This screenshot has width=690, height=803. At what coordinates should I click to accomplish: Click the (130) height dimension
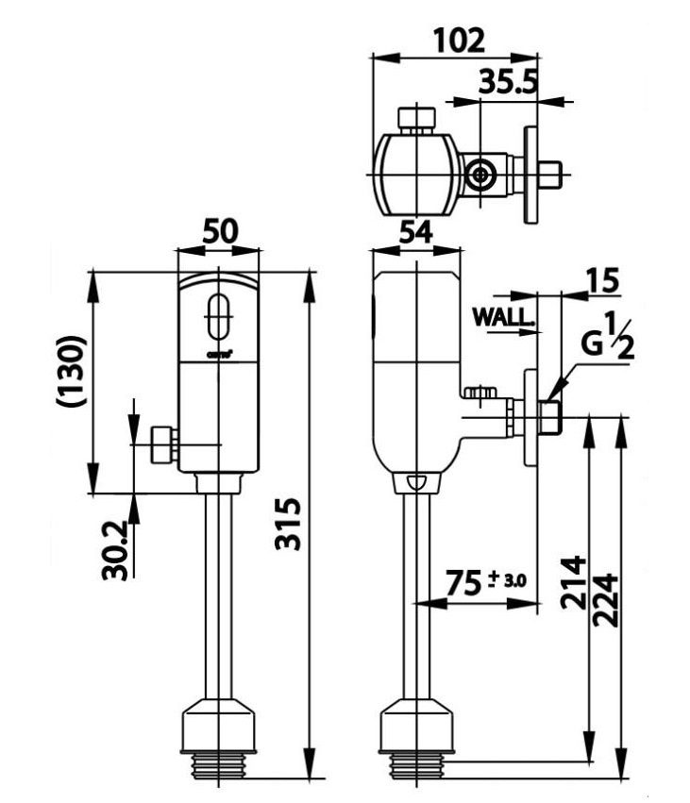(x=73, y=370)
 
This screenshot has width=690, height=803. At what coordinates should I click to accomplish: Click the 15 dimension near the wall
(x=601, y=281)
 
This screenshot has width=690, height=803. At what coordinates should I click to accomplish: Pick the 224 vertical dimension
(x=606, y=600)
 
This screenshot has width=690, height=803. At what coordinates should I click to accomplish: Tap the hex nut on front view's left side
(x=164, y=444)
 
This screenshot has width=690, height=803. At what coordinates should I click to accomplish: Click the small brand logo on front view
(x=216, y=356)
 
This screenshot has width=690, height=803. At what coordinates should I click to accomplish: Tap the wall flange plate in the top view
(x=531, y=176)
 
